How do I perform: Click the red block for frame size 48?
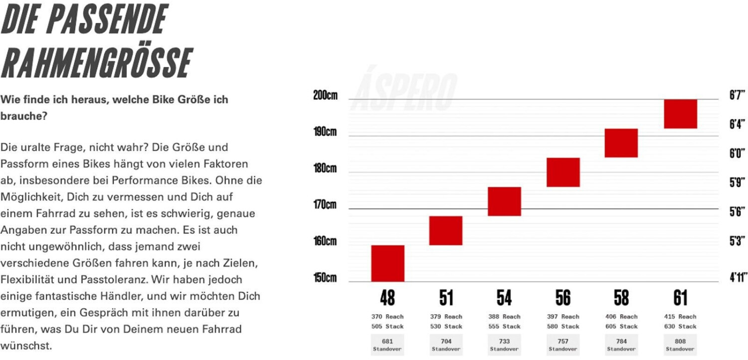point(387,263)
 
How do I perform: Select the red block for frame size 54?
point(504,201)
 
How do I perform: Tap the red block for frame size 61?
point(680,114)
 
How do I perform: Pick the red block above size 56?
point(562,172)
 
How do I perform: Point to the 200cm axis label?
point(325,96)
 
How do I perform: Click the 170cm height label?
point(325,204)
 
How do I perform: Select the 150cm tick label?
point(325,278)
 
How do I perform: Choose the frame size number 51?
point(446,298)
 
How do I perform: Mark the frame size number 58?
point(621,298)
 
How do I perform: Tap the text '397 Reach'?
point(562,317)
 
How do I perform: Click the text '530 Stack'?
point(446,327)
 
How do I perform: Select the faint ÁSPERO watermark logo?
point(405,88)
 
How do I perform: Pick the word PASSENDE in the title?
point(118,19)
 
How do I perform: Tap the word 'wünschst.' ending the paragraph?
point(25,346)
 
